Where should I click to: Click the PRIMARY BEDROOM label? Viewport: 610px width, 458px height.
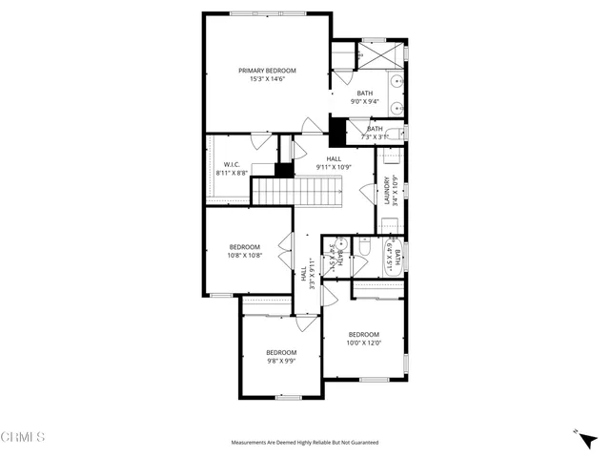coord(267,71)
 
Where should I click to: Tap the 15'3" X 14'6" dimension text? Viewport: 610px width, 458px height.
coord(267,79)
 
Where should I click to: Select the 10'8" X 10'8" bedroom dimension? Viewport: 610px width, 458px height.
coord(244,256)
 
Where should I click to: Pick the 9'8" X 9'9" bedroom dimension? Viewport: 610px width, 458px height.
coord(281,361)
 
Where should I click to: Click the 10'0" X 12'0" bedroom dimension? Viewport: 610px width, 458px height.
coord(363,343)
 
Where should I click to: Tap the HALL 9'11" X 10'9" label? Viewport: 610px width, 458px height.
coord(334,163)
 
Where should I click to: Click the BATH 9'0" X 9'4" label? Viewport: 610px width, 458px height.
coord(365,97)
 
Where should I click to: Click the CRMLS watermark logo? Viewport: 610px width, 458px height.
coord(23,438)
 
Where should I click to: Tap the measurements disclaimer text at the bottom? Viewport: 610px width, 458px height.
coord(305,443)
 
